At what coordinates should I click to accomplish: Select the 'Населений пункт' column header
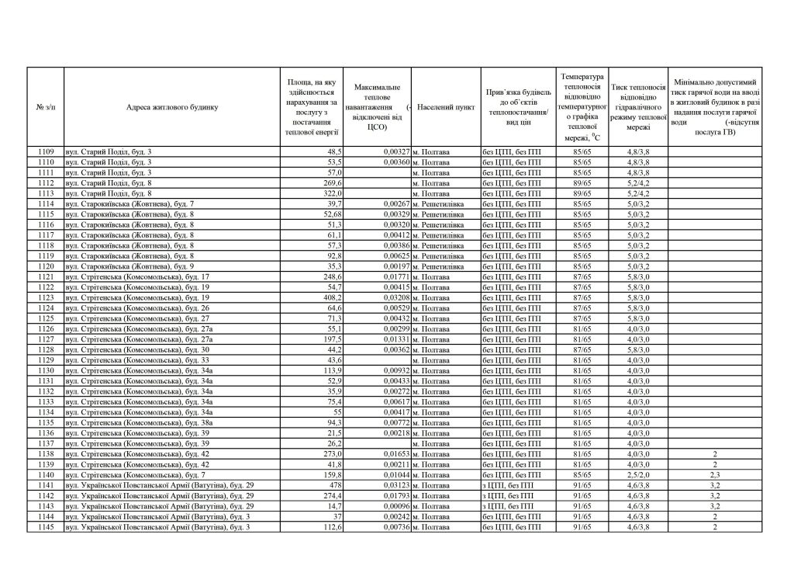click(x=446, y=107)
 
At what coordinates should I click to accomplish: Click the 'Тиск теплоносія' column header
click(x=639, y=107)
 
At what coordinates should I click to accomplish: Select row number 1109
click(x=46, y=151)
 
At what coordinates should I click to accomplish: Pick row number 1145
click(x=46, y=528)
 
